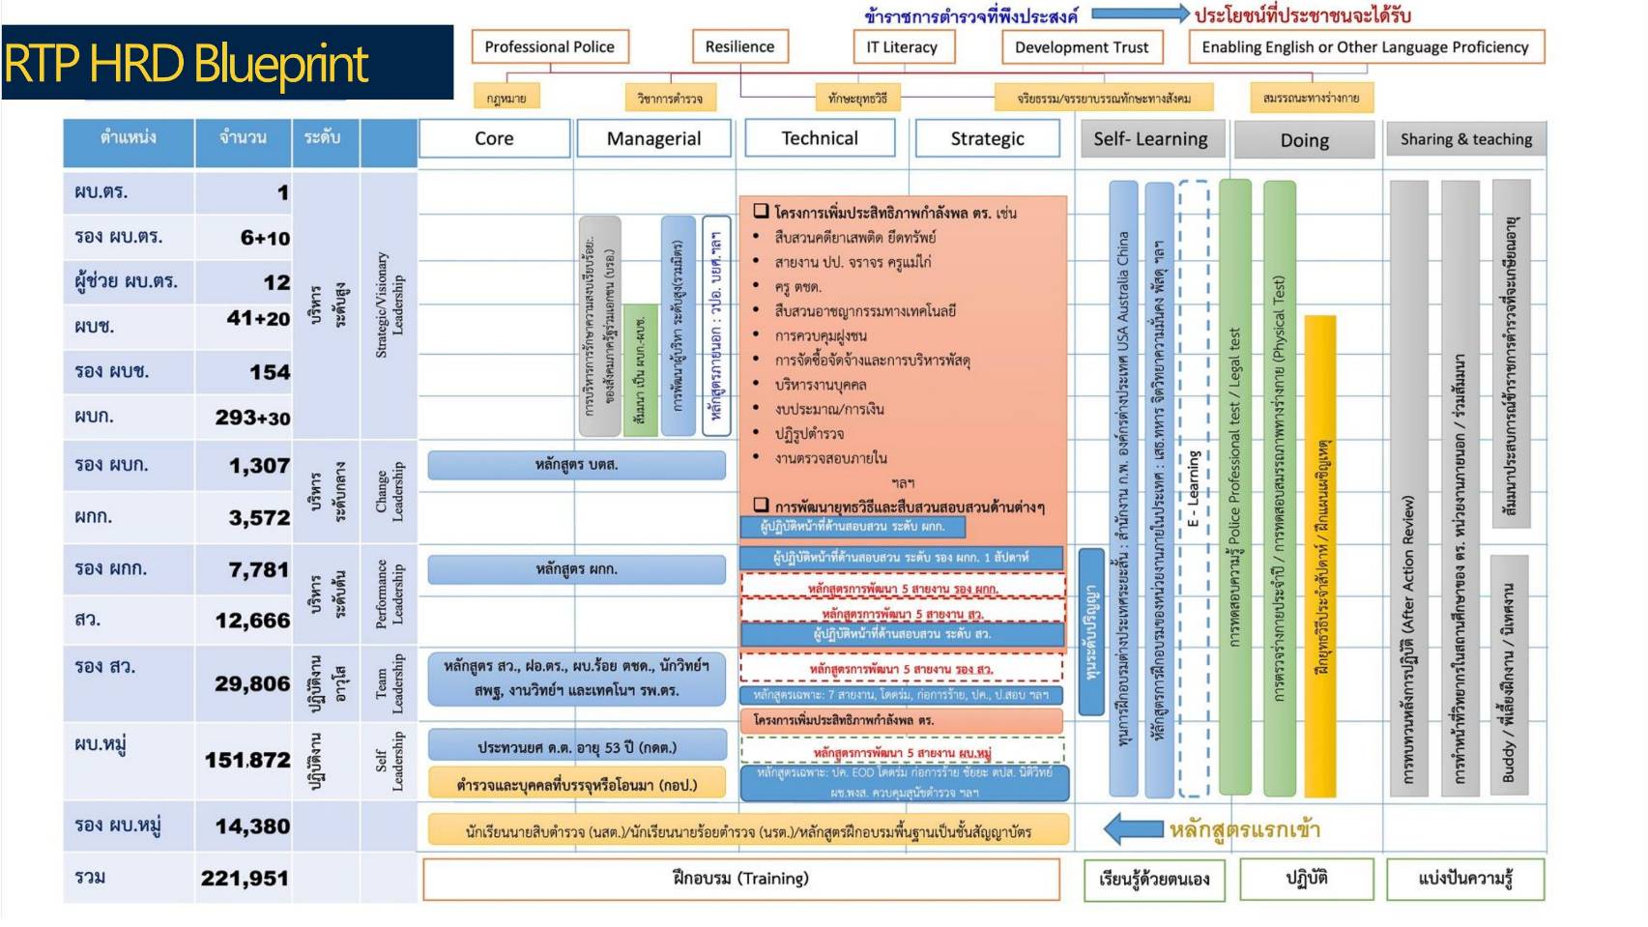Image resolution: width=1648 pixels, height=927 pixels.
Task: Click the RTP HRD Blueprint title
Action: tap(187, 64)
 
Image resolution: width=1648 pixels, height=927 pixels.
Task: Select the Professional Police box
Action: tap(549, 46)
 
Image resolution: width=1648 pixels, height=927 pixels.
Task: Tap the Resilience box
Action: tap(739, 46)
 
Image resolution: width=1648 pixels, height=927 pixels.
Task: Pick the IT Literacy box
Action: tap(902, 46)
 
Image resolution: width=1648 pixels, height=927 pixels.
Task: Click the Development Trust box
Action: tap(1082, 47)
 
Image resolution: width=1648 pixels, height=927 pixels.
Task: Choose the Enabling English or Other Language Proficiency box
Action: tap(1365, 47)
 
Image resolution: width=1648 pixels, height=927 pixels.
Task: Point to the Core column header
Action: tap(494, 138)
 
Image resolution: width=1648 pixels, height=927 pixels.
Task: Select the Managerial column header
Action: tap(653, 138)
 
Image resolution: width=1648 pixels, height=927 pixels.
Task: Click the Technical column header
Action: tap(820, 138)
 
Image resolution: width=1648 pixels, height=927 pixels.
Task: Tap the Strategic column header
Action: tap(987, 138)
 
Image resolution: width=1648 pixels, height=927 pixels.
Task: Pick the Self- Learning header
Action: tap(1150, 139)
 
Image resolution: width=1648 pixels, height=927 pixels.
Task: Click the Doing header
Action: tap(1304, 140)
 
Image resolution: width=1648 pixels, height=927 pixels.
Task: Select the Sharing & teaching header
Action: tap(1465, 139)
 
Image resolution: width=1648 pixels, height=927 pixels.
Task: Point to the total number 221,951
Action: tap(245, 879)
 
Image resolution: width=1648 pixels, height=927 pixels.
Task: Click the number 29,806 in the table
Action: tap(251, 684)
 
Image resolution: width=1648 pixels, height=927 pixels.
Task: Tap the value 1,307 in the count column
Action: tap(258, 466)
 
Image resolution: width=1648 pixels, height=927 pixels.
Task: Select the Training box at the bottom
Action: tap(740, 879)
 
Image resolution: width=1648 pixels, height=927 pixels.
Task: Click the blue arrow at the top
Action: tap(1140, 14)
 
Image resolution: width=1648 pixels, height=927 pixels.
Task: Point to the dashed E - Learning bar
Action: tap(1194, 488)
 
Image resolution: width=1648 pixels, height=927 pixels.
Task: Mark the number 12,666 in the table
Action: tap(251, 621)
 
